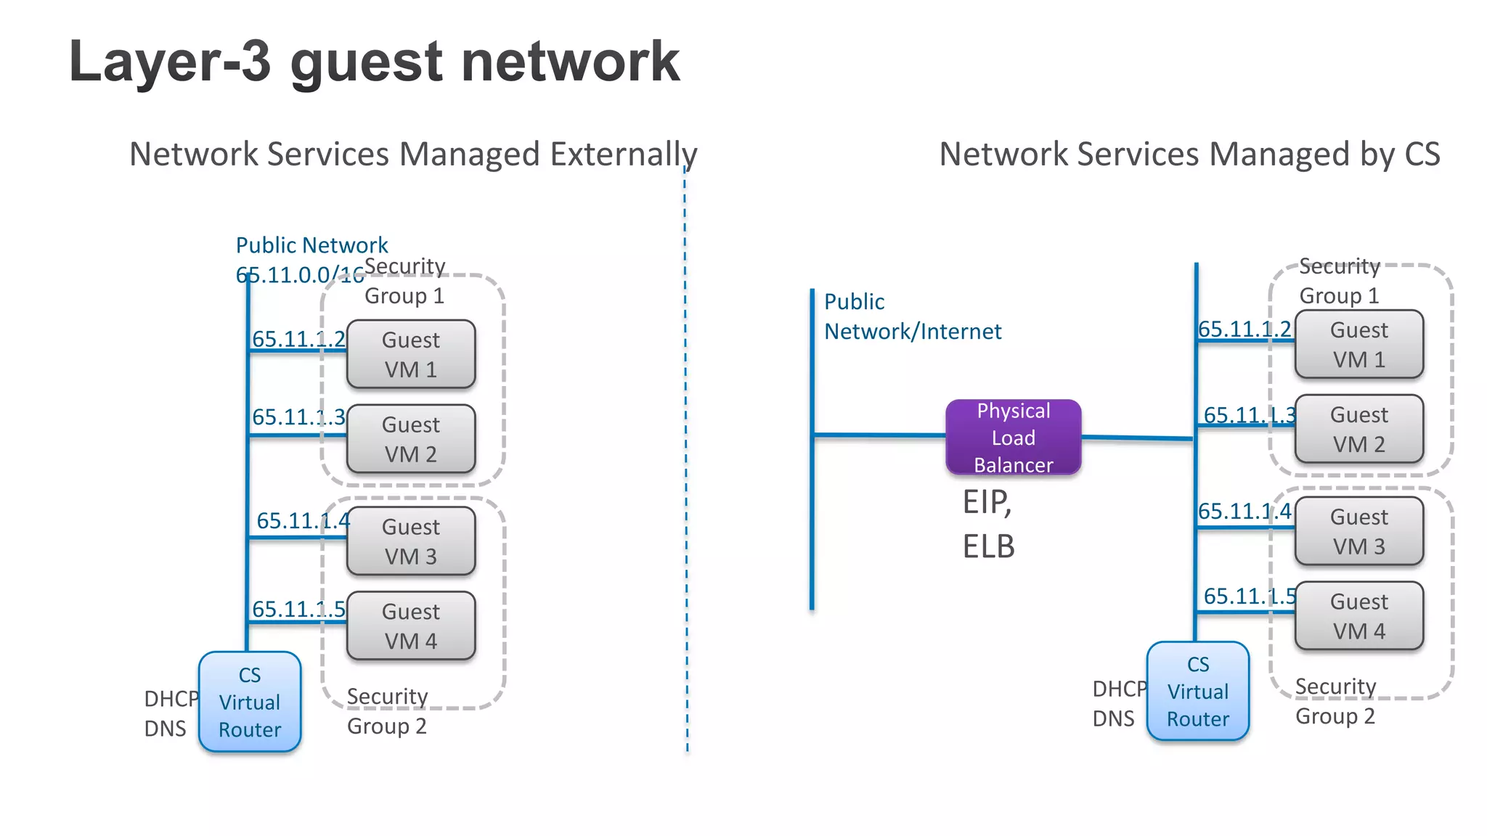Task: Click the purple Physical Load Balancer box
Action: [x=1013, y=438]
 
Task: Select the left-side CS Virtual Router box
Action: [x=250, y=702]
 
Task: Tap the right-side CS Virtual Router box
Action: [x=1198, y=692]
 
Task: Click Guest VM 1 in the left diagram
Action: [x=411, y=354]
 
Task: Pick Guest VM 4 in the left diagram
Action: [x=411, y=626]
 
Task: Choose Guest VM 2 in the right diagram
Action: [x=1358, y=429]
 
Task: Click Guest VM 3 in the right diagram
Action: [x=1358, y=531]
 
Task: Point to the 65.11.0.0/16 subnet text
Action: [x=300, y=275]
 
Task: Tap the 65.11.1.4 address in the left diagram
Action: [x=303, y=520]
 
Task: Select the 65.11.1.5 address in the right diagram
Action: [x=1250, y=596]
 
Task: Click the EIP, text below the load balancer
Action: [x=987, y=502]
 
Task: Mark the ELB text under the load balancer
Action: [x=988, y=546]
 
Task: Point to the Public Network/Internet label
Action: [x=912, y=316]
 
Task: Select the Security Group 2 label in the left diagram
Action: [x=387, y=711]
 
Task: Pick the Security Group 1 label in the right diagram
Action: [x=1339, y=281]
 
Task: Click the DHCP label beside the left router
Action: [x=171, y=698]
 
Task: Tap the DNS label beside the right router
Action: [x=1113, y=718]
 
